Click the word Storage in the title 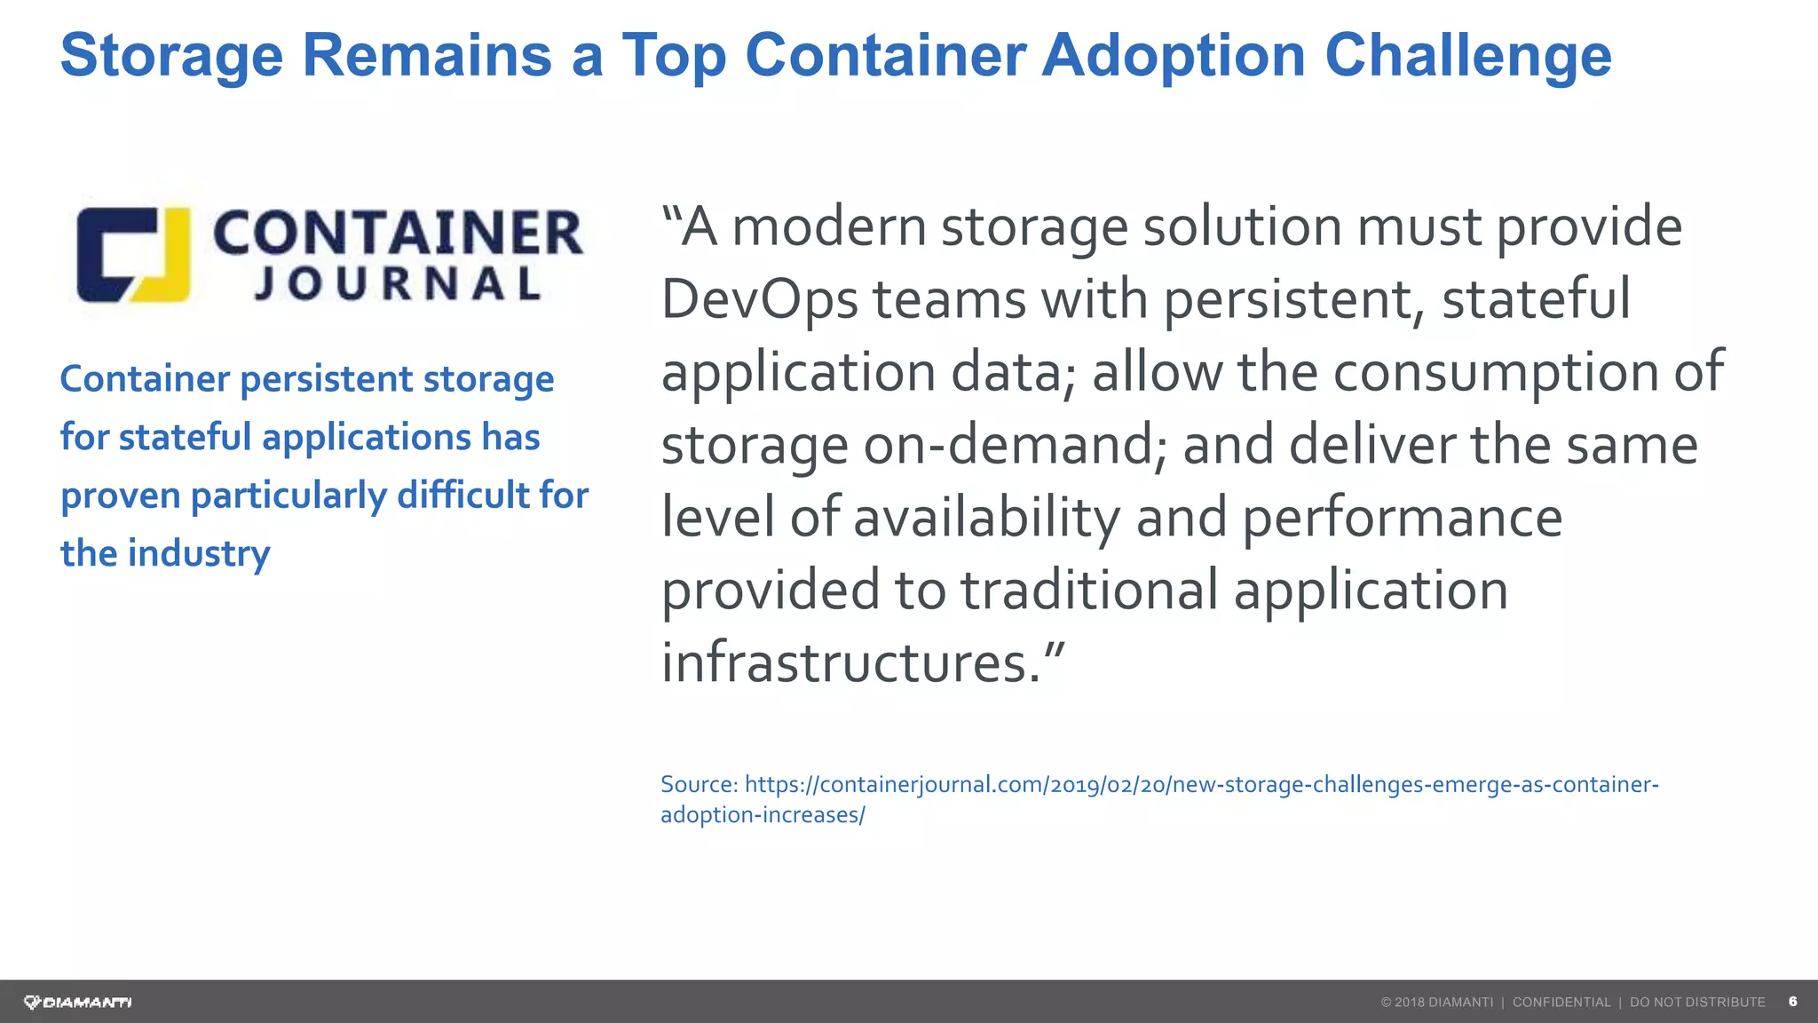(x=171, y=55)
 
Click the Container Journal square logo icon (x=133, y=255)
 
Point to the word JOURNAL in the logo (x=398, y=284)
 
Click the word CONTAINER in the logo (x=398, y=233)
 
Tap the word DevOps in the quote (x=759, y=299)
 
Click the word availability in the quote (x=986, y=518)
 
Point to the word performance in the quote (x=1402, y=518)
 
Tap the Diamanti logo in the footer (x=78, y=1003)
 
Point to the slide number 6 (x=1792, y=1002)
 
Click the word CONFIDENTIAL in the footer (x=1561, y=1003)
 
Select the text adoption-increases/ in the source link (x=763, y=814)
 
